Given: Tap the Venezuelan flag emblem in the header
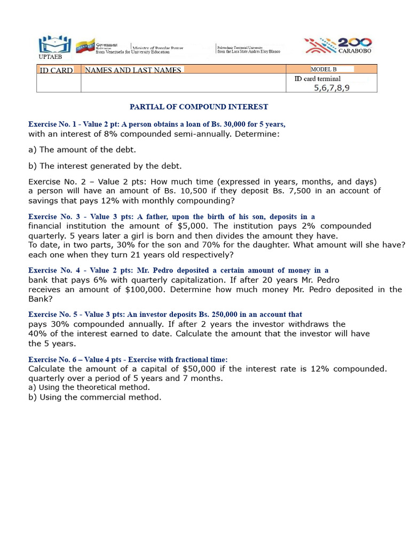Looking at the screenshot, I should coord(85,46).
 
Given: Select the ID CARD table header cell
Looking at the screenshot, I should coord(56,70).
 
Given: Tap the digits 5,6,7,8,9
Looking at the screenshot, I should coord(332,88).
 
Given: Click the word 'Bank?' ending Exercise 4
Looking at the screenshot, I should coord(40,299).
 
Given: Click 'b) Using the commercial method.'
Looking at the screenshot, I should coord(94,397).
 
